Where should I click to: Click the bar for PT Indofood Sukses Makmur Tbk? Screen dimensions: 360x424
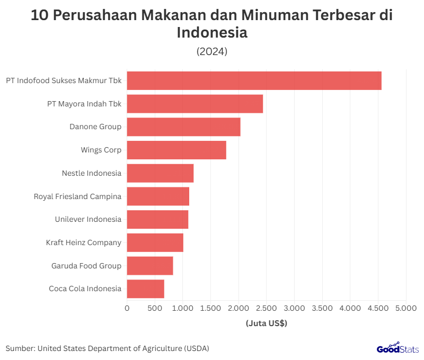coord(254,80)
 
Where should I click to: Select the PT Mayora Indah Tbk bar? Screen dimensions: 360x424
coord(195,104)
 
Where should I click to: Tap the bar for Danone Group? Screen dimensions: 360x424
coord(183,127)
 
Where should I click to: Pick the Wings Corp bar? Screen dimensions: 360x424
coord(176,150)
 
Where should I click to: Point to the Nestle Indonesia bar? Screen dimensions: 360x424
coord(160,173)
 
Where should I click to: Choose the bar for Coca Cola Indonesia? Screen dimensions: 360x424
coord(146,289)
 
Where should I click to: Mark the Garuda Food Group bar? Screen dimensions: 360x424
coord(150,266)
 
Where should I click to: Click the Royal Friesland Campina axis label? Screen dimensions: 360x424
coord(77,196)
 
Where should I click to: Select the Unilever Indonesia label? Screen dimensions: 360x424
coord(88,219)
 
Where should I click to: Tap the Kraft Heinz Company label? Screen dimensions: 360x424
coord(84,242)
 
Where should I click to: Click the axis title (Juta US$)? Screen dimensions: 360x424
coord(266,323)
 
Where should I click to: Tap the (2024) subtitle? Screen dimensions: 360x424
coord(212,51)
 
